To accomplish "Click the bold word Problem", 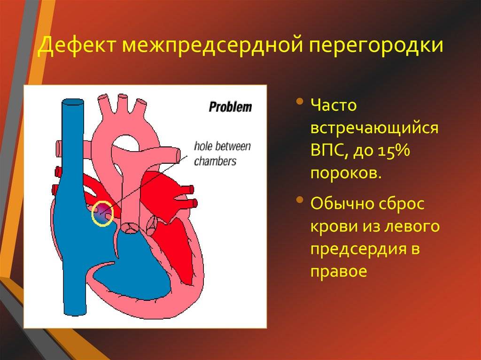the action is click(x=230, y=107).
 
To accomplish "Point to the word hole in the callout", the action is click(x=202, y=146).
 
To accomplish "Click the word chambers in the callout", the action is click(x=215, y=161).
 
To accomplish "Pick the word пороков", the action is click(x=346, y=174).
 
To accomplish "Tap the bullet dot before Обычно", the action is click(x=300, y=200).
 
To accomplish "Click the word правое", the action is click(x=339, y=272).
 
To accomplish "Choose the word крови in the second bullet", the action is click(x=333, y=227).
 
